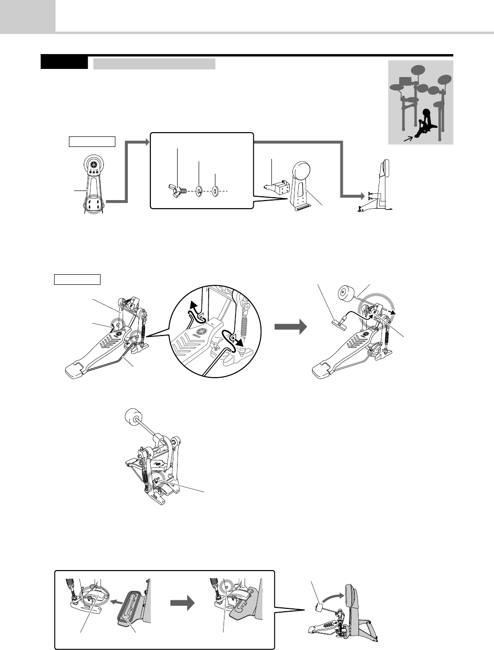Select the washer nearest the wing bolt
(x=198, y=192)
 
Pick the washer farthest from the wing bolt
(x=215, y=191)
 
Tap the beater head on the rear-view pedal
(x=132, y=416)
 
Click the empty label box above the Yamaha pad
(x=92, y=141)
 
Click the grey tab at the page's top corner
(x=27, y=16)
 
